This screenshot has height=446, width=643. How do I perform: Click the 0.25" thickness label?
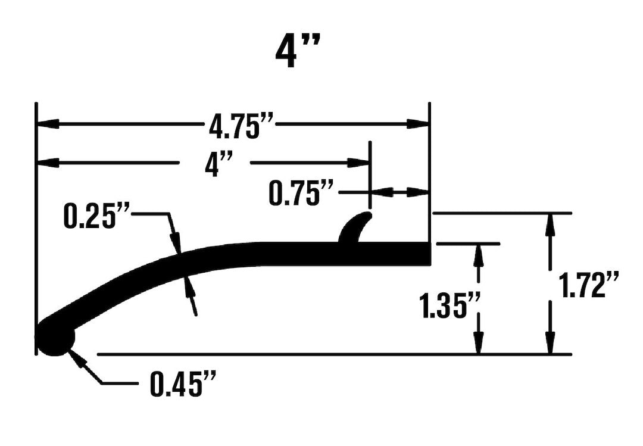point(97,217)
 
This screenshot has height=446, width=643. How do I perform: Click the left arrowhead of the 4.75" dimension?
point(48,124)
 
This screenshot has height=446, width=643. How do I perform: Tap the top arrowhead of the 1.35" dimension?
point(478,254)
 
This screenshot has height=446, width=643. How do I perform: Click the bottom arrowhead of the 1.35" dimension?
point(478,344)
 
